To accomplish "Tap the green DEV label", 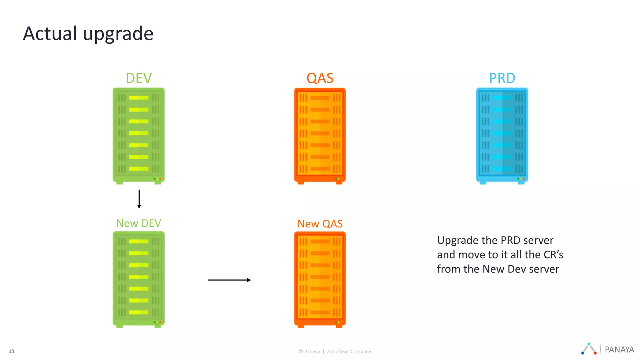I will coord(138,78).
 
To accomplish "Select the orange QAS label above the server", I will coord(320,78).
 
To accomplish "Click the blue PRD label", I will coord(502,78).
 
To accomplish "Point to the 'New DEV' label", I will coord(138,223).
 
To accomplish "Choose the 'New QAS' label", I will coord(320,224).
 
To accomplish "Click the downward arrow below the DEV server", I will coord(139,199).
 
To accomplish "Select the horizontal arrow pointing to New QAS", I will coord(229,280).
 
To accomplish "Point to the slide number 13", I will coord(12,351).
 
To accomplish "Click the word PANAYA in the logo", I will coord(619,349).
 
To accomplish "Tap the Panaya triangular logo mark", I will coord(589,349).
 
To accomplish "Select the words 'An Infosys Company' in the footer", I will coord(349,352).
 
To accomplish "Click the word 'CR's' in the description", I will coord(553,255).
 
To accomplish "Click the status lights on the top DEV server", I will coord(157,179).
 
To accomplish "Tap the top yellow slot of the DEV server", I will coord(138,98).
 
